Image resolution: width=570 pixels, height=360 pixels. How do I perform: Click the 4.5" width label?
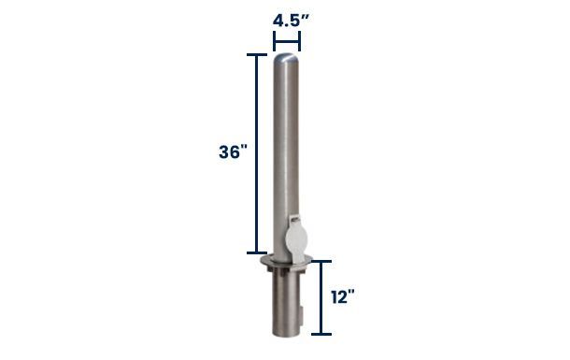click(x=291, y=22)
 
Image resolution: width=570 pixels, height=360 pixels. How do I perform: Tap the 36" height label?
click(x=233, y=151)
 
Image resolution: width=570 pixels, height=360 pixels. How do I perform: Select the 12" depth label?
click(x=342, y=297)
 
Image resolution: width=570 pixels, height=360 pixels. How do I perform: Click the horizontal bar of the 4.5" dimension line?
click(x=287, y=41)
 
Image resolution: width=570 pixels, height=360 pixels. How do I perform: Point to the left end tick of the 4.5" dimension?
click(x=275, y=41)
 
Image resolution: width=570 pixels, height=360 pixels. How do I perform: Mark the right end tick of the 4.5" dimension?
click(x=299, y=41)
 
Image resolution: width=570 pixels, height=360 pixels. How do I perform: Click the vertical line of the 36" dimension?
click(x=257, y=153)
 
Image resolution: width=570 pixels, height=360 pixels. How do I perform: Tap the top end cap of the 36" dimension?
click(x=257, y=55)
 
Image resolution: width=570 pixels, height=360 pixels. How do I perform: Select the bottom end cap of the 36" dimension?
click(x=257, y=252)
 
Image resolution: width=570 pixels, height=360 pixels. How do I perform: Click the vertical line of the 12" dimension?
click(x=321, y=297)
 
